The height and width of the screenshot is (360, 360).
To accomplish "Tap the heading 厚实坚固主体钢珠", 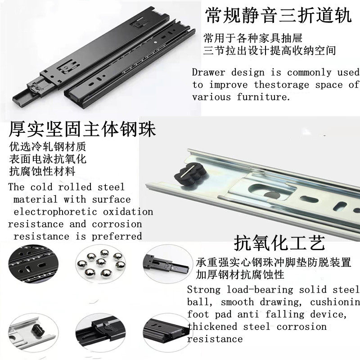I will point(82,130).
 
